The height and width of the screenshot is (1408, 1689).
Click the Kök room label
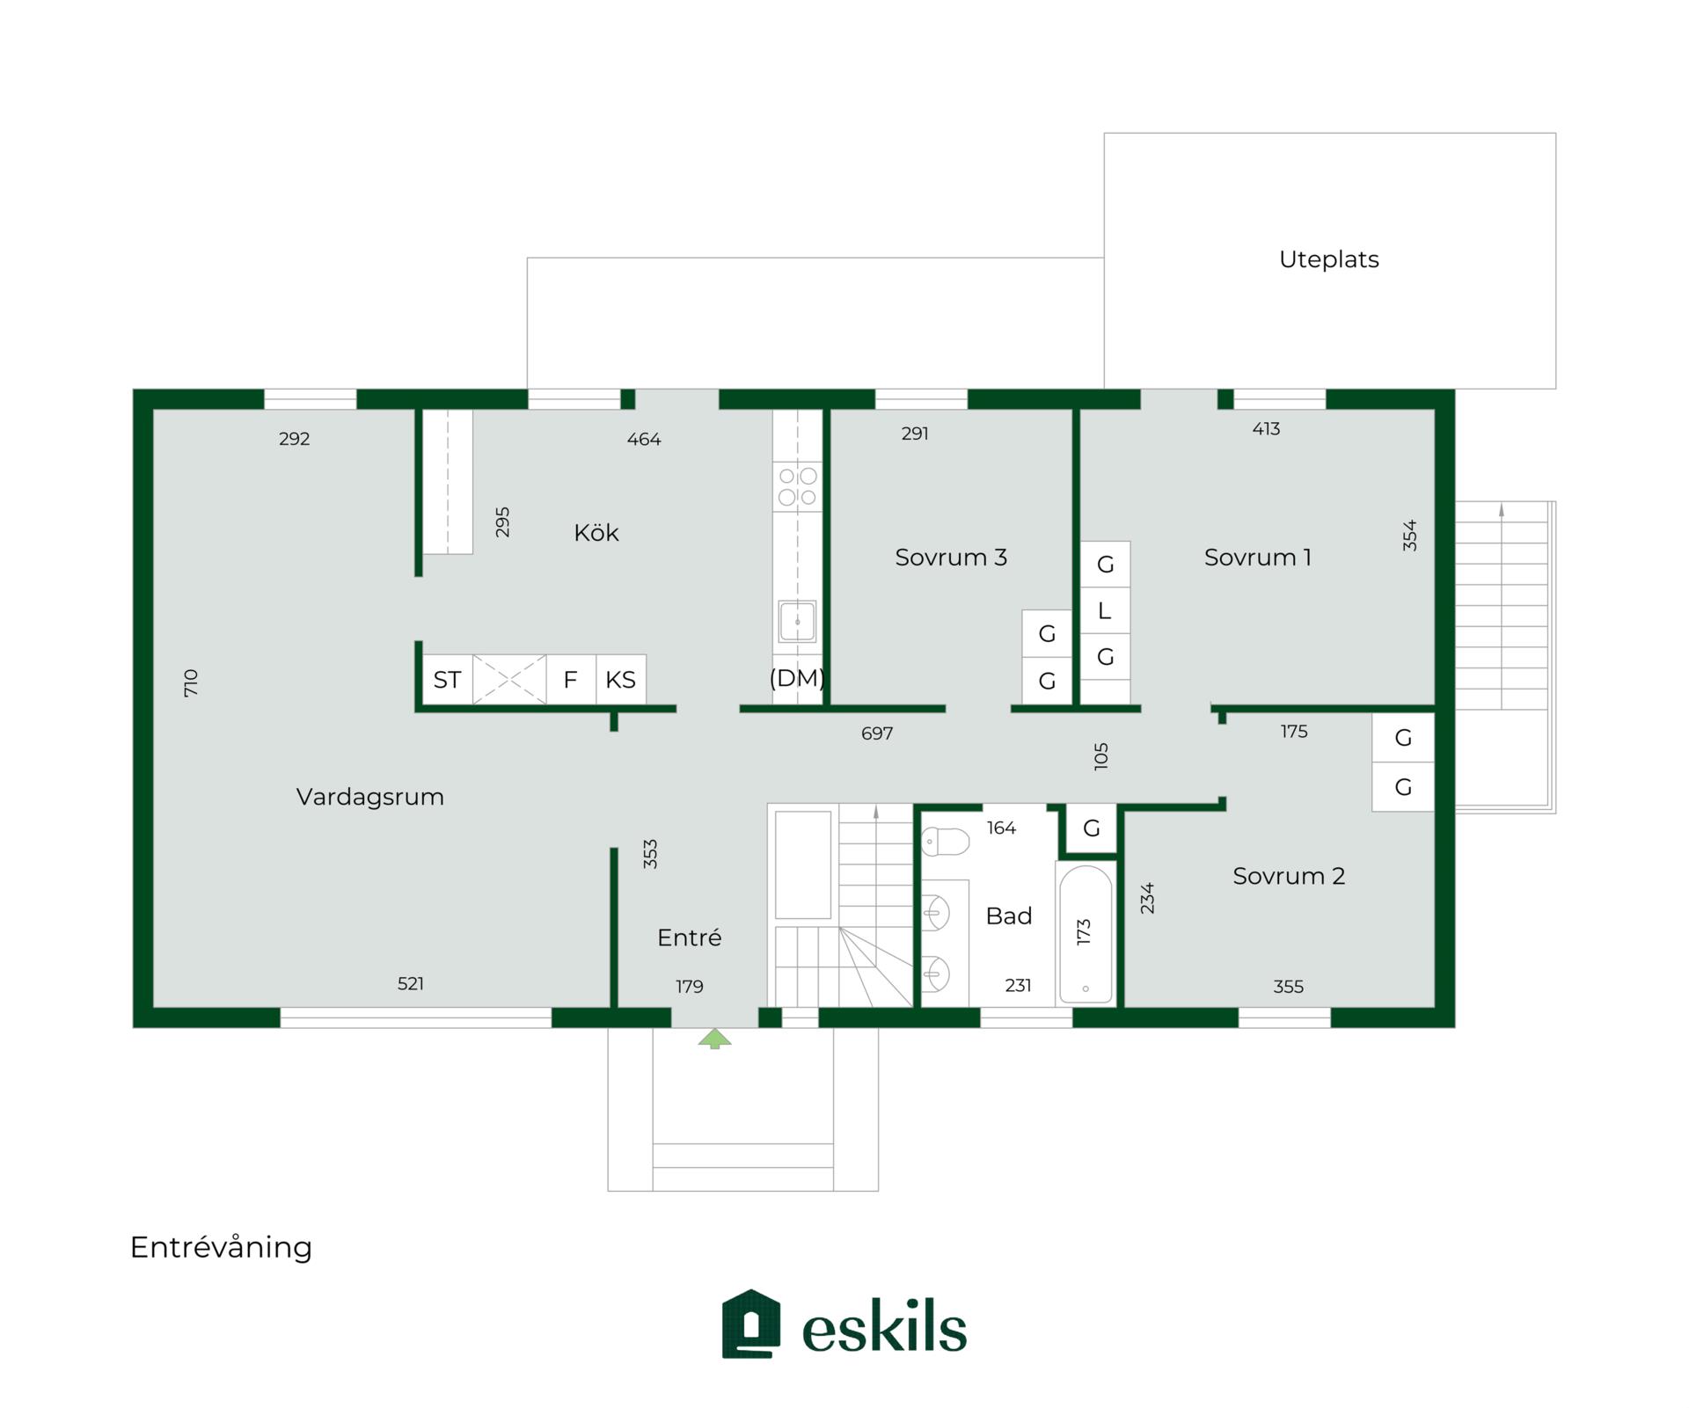596,532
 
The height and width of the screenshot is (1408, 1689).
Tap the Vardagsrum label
370,797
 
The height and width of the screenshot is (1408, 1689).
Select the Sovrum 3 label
951,557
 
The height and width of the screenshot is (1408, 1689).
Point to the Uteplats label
1328,259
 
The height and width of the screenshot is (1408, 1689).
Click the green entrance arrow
714,1039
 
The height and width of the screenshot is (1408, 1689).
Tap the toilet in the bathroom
945,842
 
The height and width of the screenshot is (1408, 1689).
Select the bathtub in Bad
1086,934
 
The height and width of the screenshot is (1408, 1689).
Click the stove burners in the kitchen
798,486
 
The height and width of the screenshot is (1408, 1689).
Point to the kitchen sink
797,622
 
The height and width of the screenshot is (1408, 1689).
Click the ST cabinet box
448,679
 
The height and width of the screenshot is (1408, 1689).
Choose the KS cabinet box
621,679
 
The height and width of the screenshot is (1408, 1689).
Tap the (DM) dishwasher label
797,677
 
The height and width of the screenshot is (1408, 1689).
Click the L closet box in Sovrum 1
1105,610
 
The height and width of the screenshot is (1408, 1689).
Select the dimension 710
191,683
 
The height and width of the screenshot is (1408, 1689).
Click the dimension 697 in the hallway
877,733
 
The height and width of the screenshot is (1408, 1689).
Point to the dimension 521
411,983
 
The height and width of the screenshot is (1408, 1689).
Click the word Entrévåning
221,1247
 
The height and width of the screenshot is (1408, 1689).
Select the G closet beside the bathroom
1092,828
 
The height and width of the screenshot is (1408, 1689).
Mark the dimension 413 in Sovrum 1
1266,429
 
